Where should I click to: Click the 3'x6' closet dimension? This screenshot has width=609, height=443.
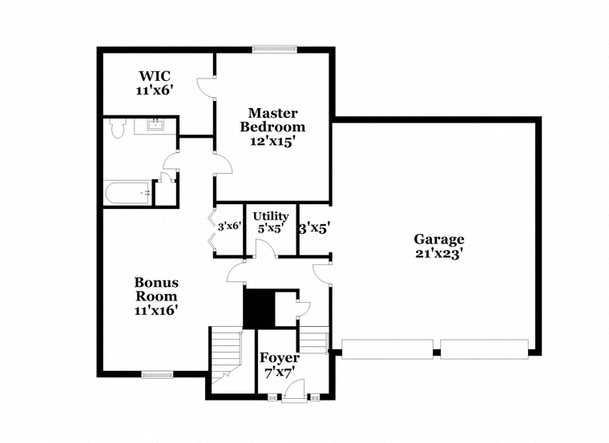(x=229, y=227)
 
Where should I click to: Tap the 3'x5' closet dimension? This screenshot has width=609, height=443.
(x=314, y=227)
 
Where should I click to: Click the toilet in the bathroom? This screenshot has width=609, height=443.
(x=118, y=128)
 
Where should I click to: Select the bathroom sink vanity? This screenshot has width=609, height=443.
(x=155, y=126)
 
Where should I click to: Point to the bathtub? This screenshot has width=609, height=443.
(x=127, y=192)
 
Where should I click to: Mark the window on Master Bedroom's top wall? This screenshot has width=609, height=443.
(x=275, y=50)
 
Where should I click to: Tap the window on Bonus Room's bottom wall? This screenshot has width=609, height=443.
(x=157, y=374)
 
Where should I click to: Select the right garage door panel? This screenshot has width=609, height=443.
(x=484, y=348)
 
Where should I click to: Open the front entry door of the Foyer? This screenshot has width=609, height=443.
(x=295, y=390)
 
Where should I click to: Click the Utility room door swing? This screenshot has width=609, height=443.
(x=265, y=249)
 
